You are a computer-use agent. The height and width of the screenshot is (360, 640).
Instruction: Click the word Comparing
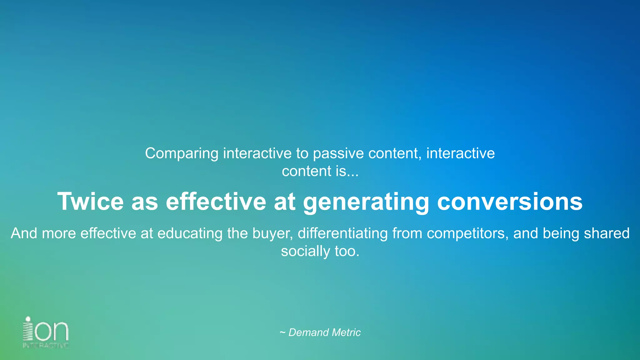click(x=182, y=154)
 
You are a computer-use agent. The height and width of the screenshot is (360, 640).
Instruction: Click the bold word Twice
click(x=91, y=202)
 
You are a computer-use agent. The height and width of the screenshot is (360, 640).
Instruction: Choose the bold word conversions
click(x=509, y=202)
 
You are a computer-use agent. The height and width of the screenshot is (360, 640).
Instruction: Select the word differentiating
click(x=342, y=233)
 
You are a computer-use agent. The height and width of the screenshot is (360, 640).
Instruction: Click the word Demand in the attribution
click(x=308, y=332)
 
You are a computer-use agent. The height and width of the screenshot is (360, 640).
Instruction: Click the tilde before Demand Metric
click(x=282, y=332)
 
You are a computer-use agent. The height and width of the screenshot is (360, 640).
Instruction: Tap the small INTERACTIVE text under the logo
click(x=46, y=346)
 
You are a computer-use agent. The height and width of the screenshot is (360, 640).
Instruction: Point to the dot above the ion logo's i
click(x=28, y=319)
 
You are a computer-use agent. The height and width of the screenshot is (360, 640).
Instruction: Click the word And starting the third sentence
click(x=24, y=233)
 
